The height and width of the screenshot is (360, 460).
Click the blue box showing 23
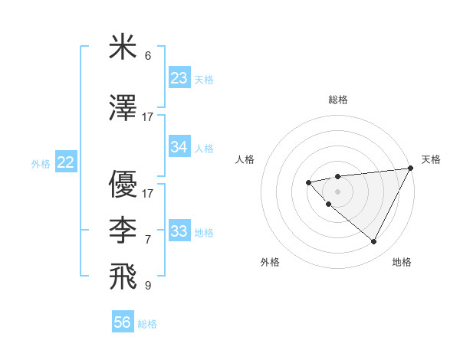pos(179,78)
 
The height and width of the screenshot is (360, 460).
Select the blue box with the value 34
pos(179,147)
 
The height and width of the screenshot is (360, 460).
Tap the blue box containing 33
pos(179,231)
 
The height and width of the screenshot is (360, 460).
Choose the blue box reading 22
pos(65,162)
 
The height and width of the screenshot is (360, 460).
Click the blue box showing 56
pos(123,323)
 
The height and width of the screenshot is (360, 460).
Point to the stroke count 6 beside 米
pos(148,56)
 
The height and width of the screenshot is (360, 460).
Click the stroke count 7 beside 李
pos(148,240)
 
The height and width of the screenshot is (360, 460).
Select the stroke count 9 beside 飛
pos(148,286)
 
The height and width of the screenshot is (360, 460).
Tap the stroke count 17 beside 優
pos(148,194)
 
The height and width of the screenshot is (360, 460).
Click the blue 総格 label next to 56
pos(147,324)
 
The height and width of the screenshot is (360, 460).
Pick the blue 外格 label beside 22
pos(41,163)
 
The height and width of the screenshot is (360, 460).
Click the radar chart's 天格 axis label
pos(431,159)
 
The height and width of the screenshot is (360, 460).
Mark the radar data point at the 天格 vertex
pos(410,168)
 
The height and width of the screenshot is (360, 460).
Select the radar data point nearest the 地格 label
pos(374,242)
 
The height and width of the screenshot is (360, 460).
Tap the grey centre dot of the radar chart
pos(337,191)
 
